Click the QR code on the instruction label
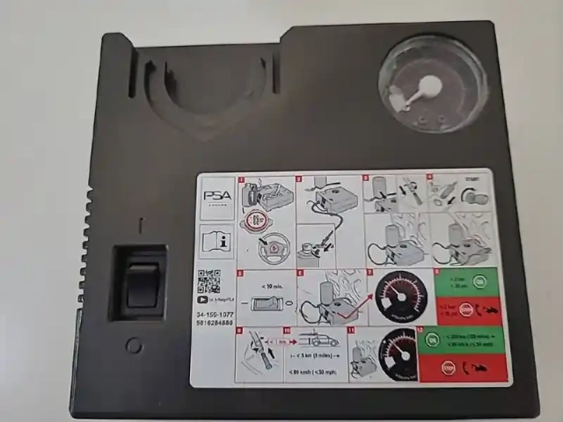[x=208, y=282]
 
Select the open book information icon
[x=216, y=239]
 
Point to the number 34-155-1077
[x=215, y=312]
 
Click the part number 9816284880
[x=215, y=323]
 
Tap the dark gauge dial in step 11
[x=397, y=353]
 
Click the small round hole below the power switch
[x=134, y=346]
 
